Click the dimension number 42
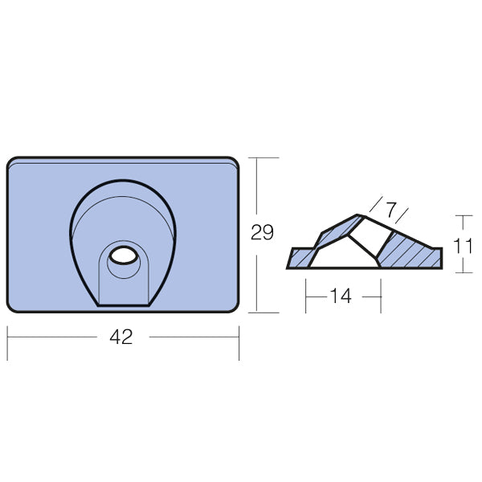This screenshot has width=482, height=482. click(121, 337)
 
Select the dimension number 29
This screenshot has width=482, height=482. click(262, 232)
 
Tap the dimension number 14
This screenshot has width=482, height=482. click(341, 296)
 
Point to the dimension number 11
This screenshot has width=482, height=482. click(463, 246)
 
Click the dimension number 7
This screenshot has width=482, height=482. click(390, 210)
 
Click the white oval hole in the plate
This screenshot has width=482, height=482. click(124, 255)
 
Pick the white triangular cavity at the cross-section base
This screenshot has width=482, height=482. click(344, 255)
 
